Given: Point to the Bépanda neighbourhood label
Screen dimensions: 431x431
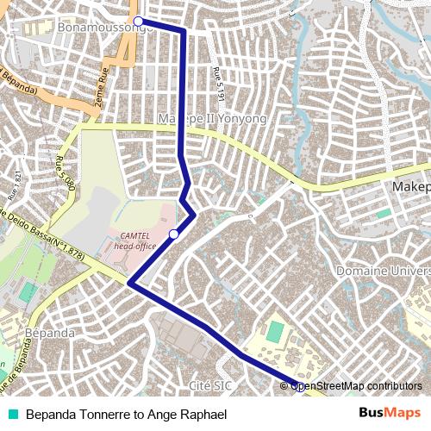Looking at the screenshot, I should (51, 332).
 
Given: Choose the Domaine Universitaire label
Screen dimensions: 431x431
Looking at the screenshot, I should (384, 271).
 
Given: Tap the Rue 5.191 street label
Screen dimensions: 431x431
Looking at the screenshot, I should (221, 87).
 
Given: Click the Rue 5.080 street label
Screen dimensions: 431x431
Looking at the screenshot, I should (66, 173).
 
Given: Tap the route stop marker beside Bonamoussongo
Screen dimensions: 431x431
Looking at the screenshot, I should (137, 21).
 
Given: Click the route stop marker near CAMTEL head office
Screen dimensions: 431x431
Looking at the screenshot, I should (174, 234).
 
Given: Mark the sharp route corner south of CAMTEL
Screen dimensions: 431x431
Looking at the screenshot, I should (129, 283).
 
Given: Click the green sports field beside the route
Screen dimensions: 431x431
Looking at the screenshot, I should (274, 332).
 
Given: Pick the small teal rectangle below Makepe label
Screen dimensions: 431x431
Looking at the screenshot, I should (384, 212).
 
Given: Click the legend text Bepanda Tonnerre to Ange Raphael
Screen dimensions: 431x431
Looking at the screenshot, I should (126, 415).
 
